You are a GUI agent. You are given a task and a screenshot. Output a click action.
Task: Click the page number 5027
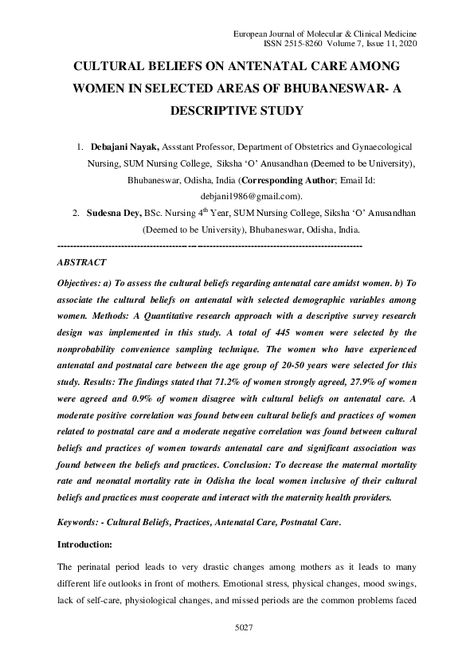(244, 629)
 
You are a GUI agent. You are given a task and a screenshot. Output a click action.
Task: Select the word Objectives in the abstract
(83, 284)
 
